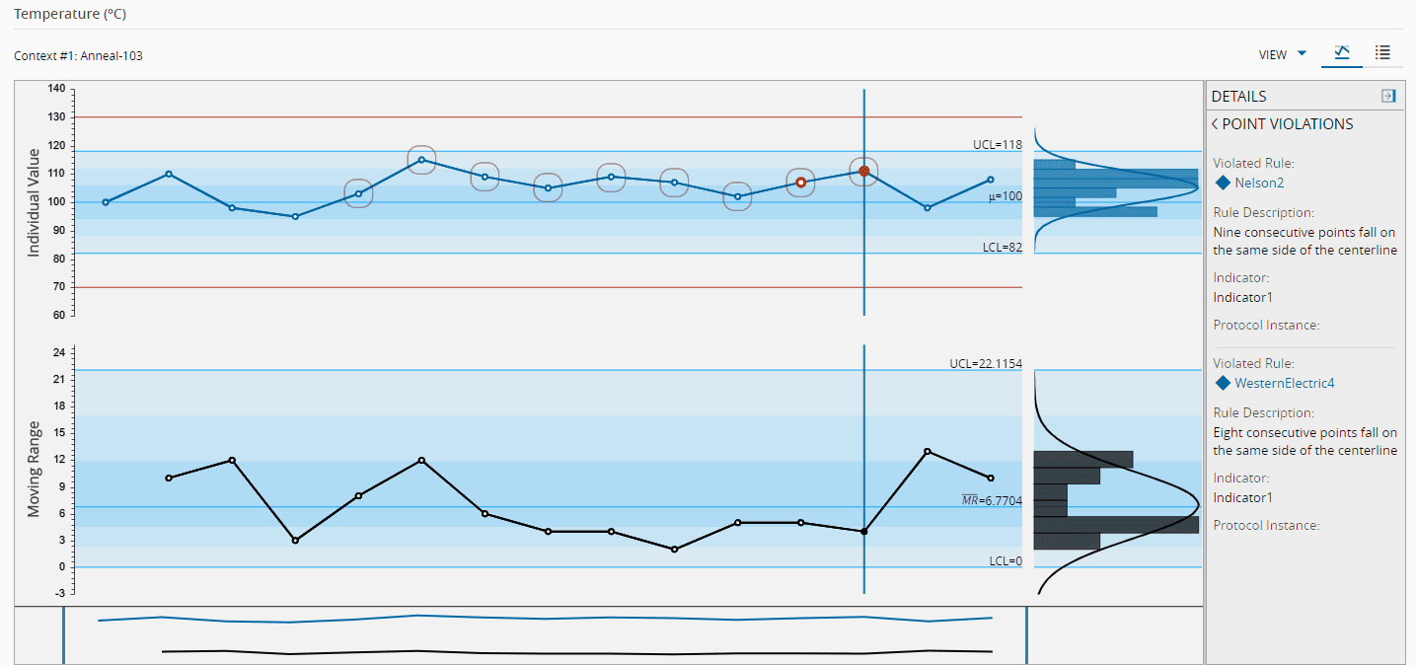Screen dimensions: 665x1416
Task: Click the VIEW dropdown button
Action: click(x=1282, y=54)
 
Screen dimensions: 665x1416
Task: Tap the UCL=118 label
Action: click(x=997, y=144)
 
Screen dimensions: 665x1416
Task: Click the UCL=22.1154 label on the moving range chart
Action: click(x=985, y=363)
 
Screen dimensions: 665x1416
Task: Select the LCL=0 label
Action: click(x=1006, y=560)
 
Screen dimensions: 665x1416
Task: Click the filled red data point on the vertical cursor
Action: click(x=864, y=171)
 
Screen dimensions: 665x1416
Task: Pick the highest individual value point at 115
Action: click(x=421, y=160)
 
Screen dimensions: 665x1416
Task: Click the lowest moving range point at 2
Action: click(x=674, y=549)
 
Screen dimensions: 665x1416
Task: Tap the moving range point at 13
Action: click(x=928, y=451)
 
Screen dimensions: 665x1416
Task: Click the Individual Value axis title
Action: click(x=35, y=202)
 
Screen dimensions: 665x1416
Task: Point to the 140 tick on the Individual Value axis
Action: click(x=56, y=89)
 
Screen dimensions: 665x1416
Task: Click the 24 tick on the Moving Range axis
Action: click(x=58, y=352)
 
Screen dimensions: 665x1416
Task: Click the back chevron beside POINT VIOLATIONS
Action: click(x=1215, y=124)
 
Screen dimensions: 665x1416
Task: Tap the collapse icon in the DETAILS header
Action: click(x=1388, y=96)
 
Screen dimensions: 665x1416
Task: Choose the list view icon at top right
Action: click(x=1383, y=52)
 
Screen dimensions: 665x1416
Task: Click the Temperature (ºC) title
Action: click(x=70, y=15)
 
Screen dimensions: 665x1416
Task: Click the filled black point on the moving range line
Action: click(x=864, y=532)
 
